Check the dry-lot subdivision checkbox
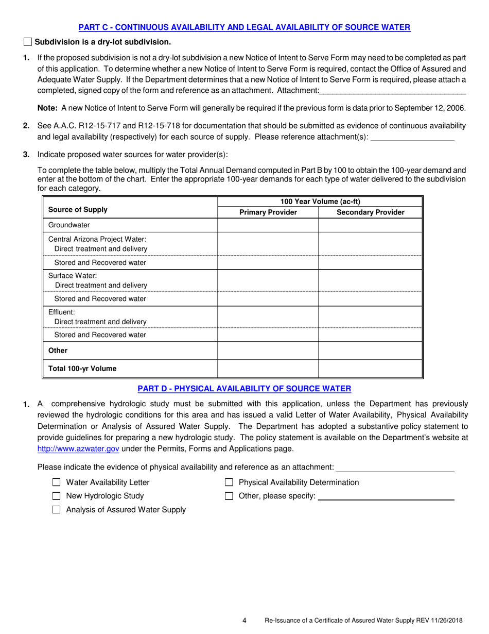click(28, 42)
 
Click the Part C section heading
click(244, 27)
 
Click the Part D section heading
click(244, 388)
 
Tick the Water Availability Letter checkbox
click(57, 482)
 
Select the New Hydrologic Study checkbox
click(57, 496)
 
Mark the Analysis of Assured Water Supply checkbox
click(57, 510)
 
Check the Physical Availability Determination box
click(230, 482)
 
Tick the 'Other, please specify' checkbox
click(230, 496)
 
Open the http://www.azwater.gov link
click(79, 448)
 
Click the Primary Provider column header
click(268, 212)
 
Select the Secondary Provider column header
click(370, 212)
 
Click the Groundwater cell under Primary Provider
click(268, 225)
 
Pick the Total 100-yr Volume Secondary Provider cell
click(370, 369)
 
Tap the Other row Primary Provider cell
click(268, 351)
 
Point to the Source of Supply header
click(78, 209)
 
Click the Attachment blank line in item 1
click(392, 91)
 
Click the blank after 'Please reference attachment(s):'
click(412, 137)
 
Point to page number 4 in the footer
click(244, 621)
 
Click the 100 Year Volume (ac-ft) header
click(320, 202)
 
